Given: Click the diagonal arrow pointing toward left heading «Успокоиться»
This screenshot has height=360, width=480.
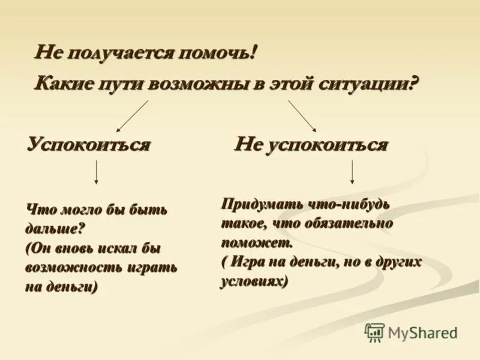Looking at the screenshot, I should point(133,116).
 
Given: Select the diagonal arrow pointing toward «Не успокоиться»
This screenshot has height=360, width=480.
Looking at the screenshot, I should point(302,115).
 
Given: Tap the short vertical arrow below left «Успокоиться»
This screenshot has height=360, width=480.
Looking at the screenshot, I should point(96,172).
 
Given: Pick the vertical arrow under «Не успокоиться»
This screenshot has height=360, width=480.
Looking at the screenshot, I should point(352,172).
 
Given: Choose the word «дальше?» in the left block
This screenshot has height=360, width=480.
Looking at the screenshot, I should point(54,229).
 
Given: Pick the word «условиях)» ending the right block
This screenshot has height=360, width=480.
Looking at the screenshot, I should point(254,281).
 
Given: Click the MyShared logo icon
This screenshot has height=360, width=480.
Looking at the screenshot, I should point(374,331).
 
